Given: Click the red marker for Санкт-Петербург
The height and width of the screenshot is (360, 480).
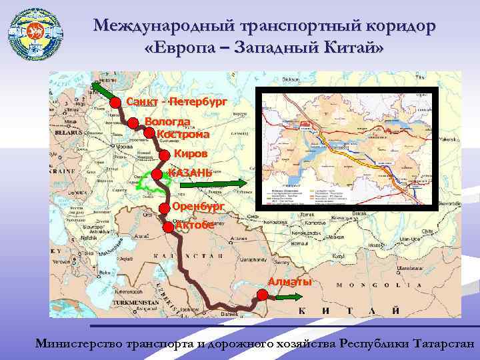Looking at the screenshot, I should [115, 102].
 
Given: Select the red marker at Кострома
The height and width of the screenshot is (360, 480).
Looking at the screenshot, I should [149, 133].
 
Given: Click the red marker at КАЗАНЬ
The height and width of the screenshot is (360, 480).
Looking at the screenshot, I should [157, 174].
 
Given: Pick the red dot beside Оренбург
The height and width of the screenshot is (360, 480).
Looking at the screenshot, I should [164, 207].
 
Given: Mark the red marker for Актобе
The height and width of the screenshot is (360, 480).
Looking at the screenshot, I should [167, 226].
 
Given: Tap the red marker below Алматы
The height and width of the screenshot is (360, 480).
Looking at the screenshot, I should [262, 297].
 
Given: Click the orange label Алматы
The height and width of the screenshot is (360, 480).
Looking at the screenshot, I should [290, 282].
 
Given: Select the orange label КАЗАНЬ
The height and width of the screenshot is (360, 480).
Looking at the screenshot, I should [189, 173].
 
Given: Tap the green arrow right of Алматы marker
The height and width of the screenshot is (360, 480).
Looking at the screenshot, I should [289, 298].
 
